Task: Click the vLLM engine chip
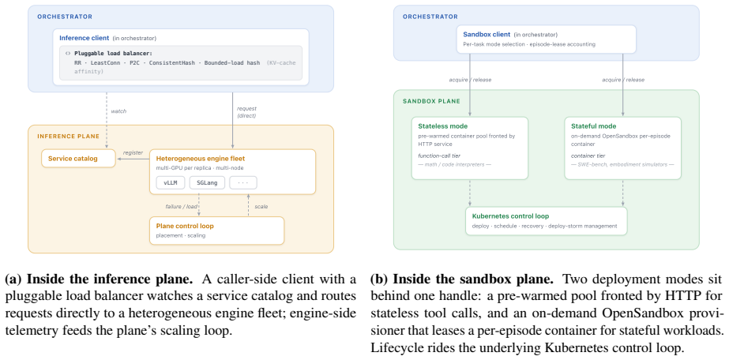[171, 182]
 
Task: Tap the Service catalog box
[78, 159]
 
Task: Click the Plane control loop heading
[185, 227]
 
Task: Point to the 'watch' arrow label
[118, 111]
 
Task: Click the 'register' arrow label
[133, 152]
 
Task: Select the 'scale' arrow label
[261, 206]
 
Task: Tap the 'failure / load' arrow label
[182, 206]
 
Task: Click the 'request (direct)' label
[247, 111]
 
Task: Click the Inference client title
[85, 38]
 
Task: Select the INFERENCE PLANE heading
[69, 136]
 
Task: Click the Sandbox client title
[487, 35]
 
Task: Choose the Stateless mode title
[442, 126]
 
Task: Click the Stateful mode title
[593, 126]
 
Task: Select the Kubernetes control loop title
[510, 216]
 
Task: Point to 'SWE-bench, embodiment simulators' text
[622, 165]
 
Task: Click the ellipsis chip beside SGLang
[243, 182]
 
